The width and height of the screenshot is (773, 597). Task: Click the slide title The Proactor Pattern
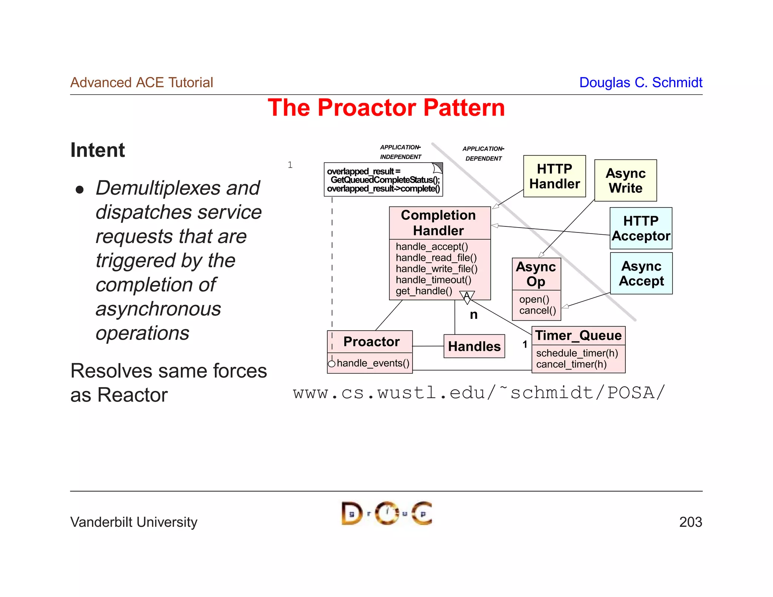point(386,108)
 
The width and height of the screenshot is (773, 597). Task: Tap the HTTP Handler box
point(554,176)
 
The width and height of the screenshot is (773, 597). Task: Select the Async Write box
point(625,180)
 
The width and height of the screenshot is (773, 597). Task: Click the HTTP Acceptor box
point(641,228)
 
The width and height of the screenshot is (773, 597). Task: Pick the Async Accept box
point(641,274)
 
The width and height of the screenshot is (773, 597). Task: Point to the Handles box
point(474,346)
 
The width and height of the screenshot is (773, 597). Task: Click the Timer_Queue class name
point(578,335)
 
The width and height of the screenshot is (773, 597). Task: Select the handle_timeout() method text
point(433,280)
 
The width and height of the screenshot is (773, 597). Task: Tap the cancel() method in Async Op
point(537,311)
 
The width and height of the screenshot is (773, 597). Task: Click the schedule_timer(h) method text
point(577,353)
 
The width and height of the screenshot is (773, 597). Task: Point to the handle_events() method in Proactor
point(373,363)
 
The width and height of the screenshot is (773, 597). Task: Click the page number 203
point(690,522)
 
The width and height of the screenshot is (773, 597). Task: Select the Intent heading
point(97,150)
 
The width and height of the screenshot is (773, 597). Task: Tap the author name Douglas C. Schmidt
point(641,82)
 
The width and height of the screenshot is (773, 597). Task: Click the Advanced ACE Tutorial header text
point(142,82)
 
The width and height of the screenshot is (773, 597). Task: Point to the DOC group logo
point(386,513)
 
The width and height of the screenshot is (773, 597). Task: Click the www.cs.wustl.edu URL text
point(479,393)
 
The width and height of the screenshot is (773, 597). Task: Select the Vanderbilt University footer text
point(134,522)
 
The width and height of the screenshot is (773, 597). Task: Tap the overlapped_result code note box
point(383,180)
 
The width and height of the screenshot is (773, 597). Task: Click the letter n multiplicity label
point(474,315)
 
